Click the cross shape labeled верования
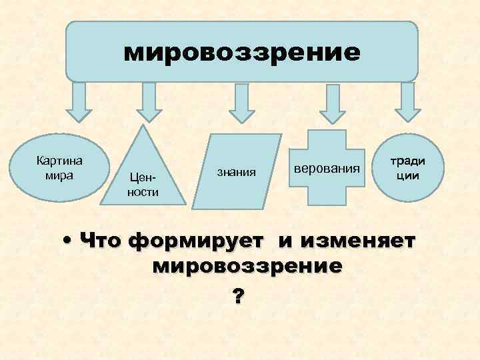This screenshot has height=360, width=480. [x=326, y=167]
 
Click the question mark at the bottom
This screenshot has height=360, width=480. [x=238, y=297]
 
